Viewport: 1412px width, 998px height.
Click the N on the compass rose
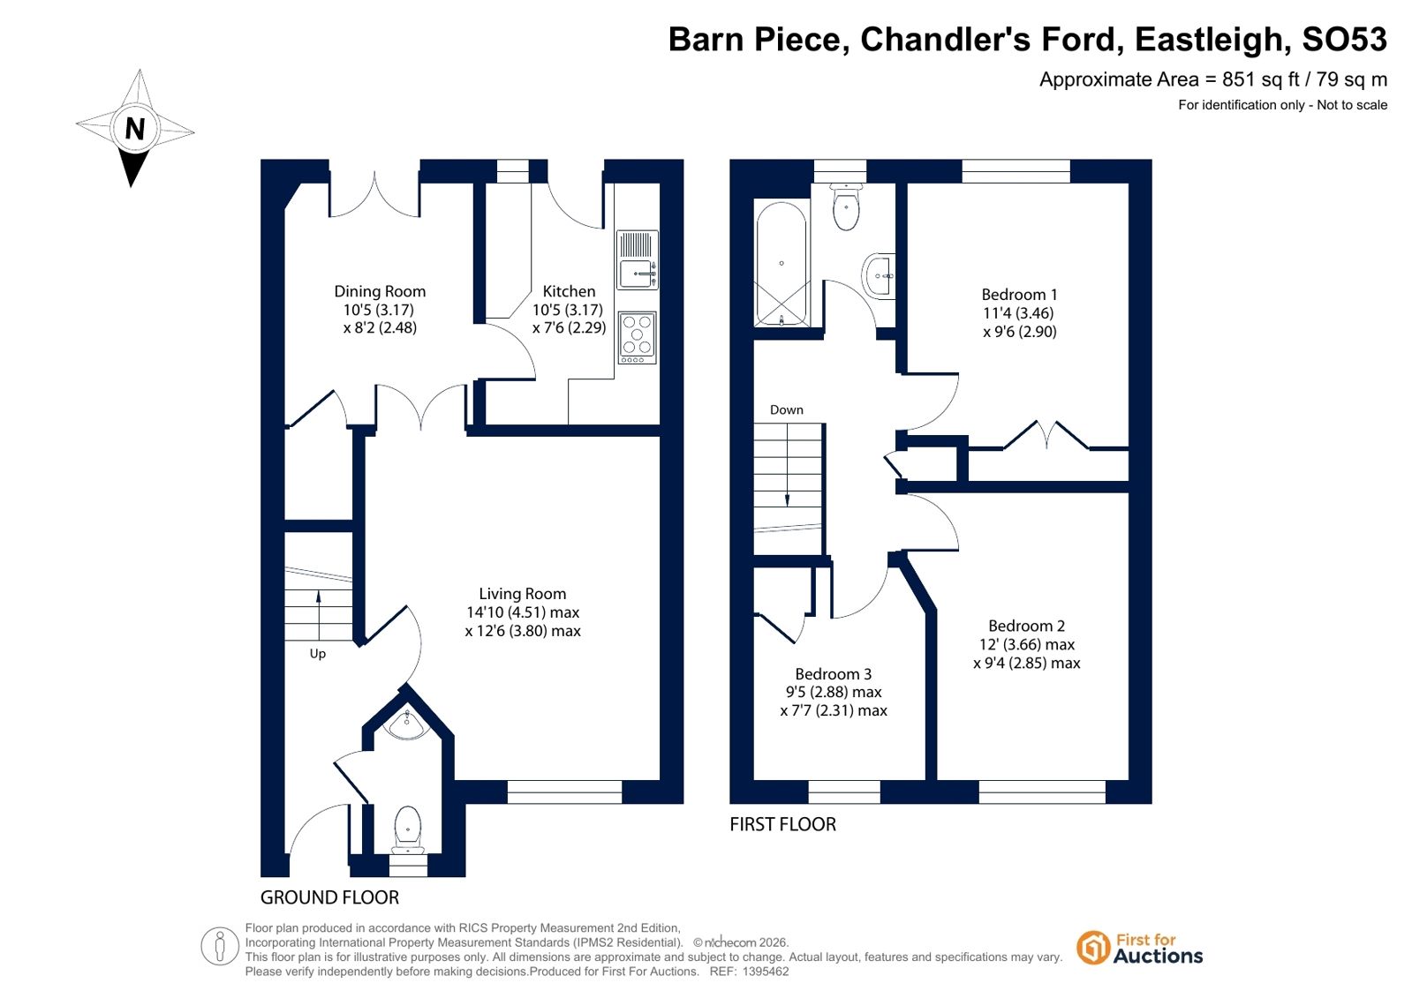(135, 129)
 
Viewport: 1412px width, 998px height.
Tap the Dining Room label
(380, 291)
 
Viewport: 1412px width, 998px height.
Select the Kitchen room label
(569, 291)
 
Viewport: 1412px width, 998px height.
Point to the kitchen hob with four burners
(638, 338)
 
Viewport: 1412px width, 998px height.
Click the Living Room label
(522, 594)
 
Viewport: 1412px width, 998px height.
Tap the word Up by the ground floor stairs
(318, 654)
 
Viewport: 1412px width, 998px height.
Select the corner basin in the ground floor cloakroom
(408, 724)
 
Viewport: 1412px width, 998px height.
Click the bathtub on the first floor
(782, 263)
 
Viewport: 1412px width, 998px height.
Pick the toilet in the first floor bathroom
(845, 206)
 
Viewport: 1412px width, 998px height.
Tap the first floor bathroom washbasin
(878, 275)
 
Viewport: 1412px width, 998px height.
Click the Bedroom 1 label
(1019, 294)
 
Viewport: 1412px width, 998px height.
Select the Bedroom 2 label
(1026, 626)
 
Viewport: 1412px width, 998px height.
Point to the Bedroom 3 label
(833, 674)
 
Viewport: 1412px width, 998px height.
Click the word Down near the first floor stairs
(786, 410)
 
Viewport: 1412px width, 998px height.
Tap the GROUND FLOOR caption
(329, 897)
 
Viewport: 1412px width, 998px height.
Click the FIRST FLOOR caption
(783, 824)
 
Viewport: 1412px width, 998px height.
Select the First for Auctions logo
(1139, 948)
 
